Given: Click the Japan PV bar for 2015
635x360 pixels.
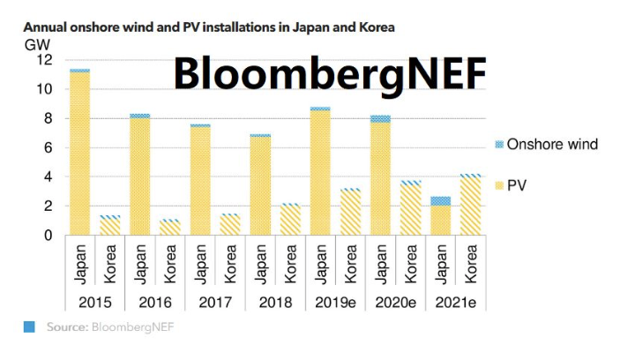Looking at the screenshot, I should click(x=80, y=154).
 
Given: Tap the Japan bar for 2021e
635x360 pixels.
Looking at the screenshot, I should click(x=440, y=216).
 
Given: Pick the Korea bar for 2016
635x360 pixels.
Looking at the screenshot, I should click(x=170, y=228).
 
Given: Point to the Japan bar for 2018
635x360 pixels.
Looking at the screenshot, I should click(x=260, y=185).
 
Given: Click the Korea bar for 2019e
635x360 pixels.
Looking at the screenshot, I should click(x=350, y=213).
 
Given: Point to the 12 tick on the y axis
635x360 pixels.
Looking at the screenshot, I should click(x=45, y=60).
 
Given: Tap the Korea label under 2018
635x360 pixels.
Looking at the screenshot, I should click(x=290, y=265).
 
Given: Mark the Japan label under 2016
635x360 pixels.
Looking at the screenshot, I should click(x=140, y=265).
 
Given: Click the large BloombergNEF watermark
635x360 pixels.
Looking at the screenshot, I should click(x=329, y=72).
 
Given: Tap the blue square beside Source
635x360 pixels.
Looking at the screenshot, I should click(x=29, y=327).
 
